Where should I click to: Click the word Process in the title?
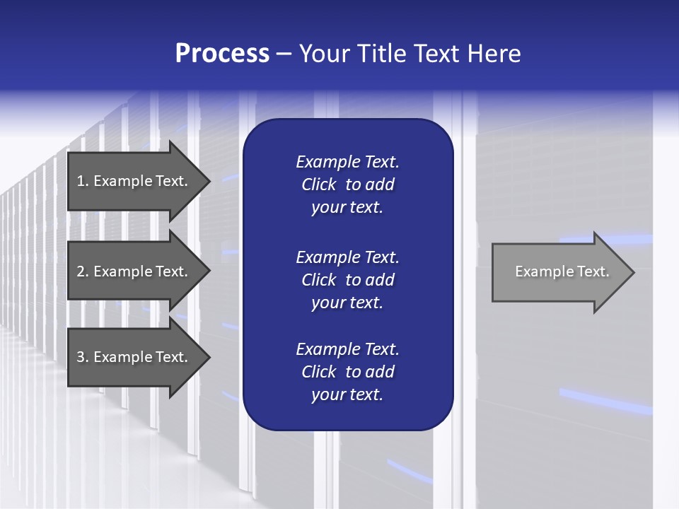point(222,54)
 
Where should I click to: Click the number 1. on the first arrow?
point(82,181)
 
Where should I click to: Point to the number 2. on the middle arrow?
point(82,271)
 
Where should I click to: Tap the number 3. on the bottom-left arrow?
point(82,357)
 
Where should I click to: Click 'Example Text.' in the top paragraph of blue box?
point(347,162)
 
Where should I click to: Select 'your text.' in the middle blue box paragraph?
point(347,303)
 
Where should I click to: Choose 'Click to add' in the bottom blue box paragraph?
point(347,372)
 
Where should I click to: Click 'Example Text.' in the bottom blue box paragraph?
point(347,349)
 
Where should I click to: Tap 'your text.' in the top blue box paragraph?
point(347,208)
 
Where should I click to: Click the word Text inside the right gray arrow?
point(593,271)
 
